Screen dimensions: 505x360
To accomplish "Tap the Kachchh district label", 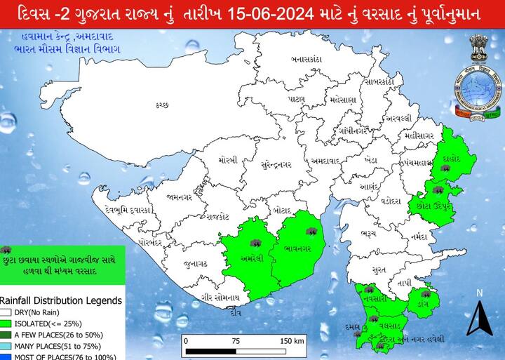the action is (163, 105).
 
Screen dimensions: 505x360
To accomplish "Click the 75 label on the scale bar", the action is (237, 341).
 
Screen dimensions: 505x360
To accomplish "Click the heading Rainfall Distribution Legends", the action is (61, 300).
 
